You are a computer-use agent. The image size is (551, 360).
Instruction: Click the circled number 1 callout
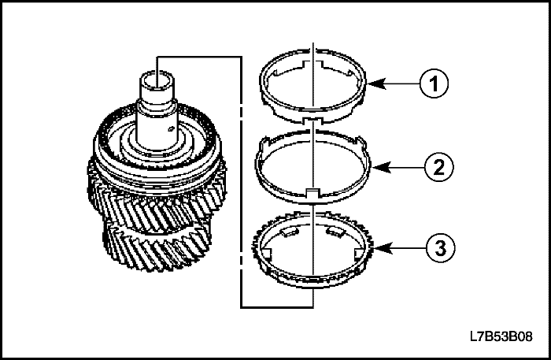coord(434,84)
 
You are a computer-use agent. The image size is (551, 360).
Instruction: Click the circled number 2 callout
coord(439,167)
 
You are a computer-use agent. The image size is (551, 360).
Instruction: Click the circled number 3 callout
coord(440,247)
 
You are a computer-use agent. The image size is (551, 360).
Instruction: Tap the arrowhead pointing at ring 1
coord(376,84)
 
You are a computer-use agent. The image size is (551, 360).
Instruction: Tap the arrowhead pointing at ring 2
coord(381,167)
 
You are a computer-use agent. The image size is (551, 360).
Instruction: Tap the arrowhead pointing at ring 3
coord(383,248)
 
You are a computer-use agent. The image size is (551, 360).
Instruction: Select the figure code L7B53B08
coord(501,336)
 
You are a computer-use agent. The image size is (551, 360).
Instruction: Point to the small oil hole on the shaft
coord(171,129)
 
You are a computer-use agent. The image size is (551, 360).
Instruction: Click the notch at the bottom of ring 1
coord(312,121)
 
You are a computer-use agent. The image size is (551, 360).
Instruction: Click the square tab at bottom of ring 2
coord(312,193)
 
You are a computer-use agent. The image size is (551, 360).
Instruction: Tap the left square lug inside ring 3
coord(267,254)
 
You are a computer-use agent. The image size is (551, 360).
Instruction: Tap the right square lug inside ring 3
coord(358,254)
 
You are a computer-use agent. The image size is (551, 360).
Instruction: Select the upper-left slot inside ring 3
coord(290,231)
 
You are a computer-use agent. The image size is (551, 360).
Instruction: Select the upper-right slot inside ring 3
coord(335,231)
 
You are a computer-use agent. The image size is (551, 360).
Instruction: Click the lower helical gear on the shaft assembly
coord(157,248)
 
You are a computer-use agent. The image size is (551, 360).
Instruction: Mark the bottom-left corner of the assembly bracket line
coord(241,308)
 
